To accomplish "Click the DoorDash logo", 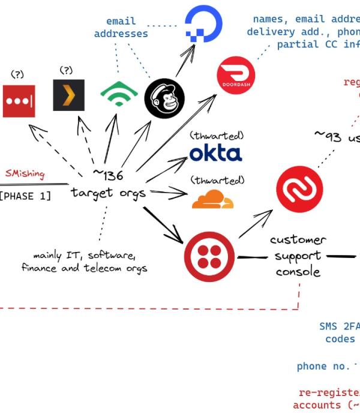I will point(236,76).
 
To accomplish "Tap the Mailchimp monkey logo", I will point(164,98).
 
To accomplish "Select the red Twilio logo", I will point(209,257).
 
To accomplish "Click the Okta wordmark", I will point(216,153).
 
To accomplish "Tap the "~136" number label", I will point(107,176).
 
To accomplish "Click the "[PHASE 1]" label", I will point(25,196).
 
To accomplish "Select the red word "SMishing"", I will point(25,174).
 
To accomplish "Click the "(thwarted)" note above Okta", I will point(217,135).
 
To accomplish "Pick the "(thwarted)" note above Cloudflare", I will point(217,180).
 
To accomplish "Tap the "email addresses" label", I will point(121,28).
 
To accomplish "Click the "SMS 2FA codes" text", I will point(340,333).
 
